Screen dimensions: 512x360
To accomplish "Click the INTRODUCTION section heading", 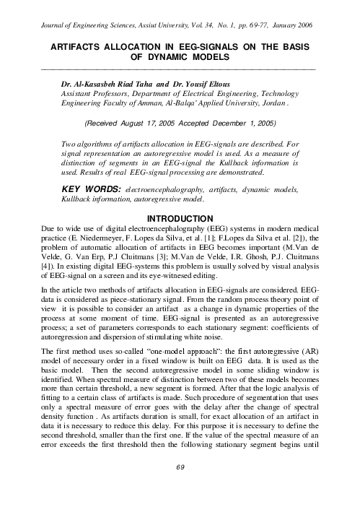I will point(180,219).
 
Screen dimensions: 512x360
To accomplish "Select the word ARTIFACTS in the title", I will point(74,45).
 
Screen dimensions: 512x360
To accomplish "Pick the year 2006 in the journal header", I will point(302,25).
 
